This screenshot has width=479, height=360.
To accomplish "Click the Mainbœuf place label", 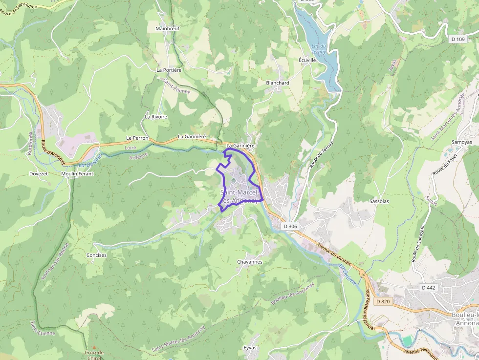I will click(x=167, y=28).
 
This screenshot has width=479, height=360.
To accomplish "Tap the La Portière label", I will click(x=169, y=70).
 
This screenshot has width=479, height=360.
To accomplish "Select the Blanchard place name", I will click(x=278, y=83).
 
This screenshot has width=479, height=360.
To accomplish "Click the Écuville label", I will click(x=307, y=60).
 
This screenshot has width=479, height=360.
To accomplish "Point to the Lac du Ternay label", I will click(x=319, y=49).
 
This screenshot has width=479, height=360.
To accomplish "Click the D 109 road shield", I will click(x=457, y=39).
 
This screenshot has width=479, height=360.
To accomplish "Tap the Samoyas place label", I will click(x=461, y=142).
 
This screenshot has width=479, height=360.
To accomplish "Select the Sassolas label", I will click(x=379, y=201).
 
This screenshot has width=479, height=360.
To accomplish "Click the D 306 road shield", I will click(x=290, y=226).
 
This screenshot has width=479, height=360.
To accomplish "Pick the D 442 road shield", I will click(x=428, y=288).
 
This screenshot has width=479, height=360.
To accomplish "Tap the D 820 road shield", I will click(x=383, y=301).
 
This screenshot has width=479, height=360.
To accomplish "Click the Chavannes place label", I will click(x=249, y=262).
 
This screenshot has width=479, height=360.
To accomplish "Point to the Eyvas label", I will click(x=250, y=347).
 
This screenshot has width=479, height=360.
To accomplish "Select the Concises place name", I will click(x=96, y=255).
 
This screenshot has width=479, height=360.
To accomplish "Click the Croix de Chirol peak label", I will click(x=94, y=355).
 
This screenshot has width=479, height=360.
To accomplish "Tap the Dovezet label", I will click(x=39, y=173).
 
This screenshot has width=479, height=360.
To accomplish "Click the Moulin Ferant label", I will click(x=77, y=173).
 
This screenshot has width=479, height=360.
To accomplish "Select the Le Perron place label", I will click(x=137, y=138).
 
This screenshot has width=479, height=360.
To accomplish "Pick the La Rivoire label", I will click(x=156, y=117).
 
